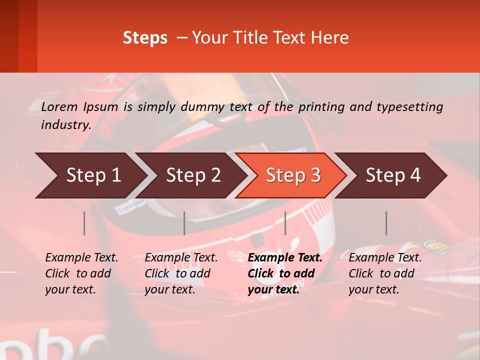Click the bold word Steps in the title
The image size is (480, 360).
pos(145,38)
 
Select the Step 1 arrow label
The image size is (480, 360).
pos(93,175)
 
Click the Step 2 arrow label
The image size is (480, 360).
pos(193,175)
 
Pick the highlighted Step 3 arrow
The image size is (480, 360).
pos(293,175)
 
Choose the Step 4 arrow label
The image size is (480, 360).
pos(393,175)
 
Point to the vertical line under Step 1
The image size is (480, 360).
pos(84,223)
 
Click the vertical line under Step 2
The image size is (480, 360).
pos(184,223)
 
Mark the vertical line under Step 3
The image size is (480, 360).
pos(285,223)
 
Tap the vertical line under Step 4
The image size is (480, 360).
pos(386,223)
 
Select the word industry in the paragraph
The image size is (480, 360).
pos(64,124)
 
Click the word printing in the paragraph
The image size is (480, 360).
pos(320,106)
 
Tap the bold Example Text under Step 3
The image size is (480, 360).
pos(285,258)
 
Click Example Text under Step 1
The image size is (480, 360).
pos(81,258)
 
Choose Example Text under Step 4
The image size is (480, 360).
pos(385,258)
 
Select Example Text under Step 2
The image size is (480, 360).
pos(181,258)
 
